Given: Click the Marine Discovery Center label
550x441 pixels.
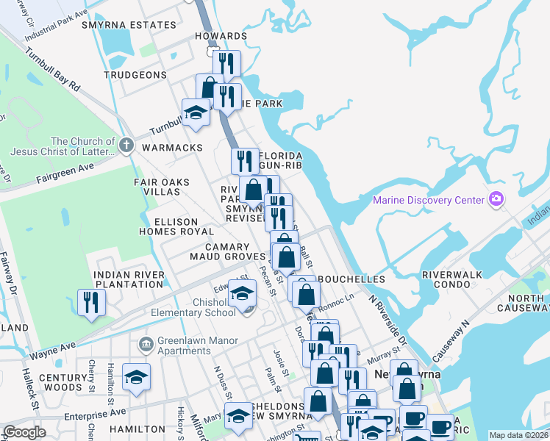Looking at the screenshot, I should [429, 200].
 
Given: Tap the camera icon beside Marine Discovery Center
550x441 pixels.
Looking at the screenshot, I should [496, 199].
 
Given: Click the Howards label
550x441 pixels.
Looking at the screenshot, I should [221, 36].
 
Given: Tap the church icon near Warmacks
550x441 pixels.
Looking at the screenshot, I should [126, 146].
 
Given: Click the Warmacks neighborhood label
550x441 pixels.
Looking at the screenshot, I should [172, 148].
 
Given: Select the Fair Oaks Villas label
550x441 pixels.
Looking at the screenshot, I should [161, 187].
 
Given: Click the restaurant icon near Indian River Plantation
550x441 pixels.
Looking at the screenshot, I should [92, 302].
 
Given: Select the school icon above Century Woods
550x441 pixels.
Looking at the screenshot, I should [137, 377].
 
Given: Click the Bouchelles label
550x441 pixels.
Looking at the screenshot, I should [351, 280].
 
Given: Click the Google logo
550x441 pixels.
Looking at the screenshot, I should [24, 432].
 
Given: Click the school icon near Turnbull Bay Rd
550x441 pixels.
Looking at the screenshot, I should [196, 113].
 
